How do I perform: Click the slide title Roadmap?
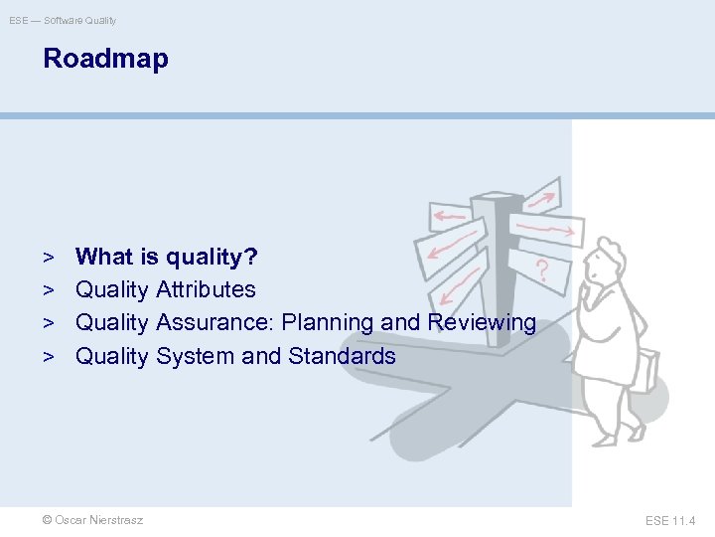coord(105,59)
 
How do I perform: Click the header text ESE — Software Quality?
coord(63,20)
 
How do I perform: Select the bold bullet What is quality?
coord(167,257)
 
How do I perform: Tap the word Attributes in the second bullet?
coord(206,289)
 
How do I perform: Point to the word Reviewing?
coord(482,322)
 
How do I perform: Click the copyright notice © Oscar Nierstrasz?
coord(92,520)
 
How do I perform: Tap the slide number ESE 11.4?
coord(670,520)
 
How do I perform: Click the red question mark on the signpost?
coord(541,269)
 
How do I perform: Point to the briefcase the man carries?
coord(642,369)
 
